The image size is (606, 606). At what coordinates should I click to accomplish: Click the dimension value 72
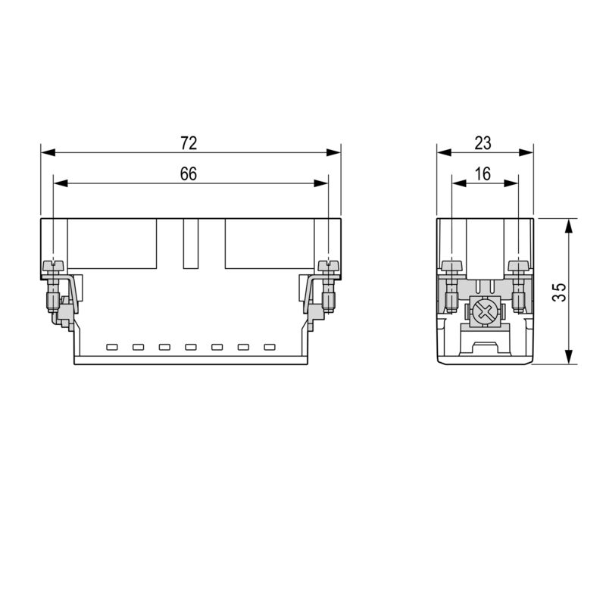click(189, 142)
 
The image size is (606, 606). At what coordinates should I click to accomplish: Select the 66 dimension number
click(189, 173)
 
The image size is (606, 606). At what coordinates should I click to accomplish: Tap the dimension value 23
click(483, 142)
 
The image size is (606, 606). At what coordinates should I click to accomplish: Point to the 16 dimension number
click(483, 173)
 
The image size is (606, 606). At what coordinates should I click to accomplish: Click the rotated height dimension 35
click(558, 292)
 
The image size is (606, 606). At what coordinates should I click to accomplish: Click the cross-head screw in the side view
click(484, 310)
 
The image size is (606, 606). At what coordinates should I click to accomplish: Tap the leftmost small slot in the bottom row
click(112, 348)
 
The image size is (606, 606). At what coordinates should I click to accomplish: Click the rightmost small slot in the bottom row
click(269, 348)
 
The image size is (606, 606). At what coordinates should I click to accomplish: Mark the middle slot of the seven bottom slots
click(191, 348)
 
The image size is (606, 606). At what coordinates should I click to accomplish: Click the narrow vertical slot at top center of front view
click(189, 244)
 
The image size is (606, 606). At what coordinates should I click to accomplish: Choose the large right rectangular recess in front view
click(269, 244)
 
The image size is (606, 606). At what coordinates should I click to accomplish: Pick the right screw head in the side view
click(518, 265)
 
